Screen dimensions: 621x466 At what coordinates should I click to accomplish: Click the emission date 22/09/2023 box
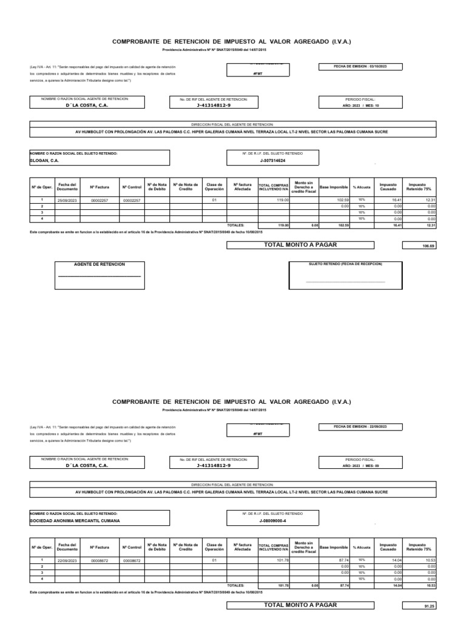[x=360, y=427]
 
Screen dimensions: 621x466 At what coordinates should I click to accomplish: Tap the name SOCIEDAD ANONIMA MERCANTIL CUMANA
[x=75, y=521]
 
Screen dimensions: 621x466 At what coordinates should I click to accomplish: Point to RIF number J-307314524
[x=272, y=161]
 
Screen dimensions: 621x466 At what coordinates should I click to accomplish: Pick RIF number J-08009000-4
[x=272, y=521]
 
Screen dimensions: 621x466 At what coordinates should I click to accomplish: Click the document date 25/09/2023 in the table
[x=67, y=200]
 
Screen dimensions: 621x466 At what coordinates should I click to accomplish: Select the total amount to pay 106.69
[x=429, y=246]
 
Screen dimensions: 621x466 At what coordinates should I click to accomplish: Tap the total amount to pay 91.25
[x=429, y=606]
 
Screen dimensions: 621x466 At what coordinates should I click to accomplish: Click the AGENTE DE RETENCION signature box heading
[x=100, y=264]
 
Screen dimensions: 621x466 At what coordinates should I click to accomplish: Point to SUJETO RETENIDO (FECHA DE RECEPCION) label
[x=346, y=264]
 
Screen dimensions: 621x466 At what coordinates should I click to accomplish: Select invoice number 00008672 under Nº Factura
[x=100, y=560]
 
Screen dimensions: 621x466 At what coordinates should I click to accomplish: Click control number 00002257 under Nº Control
[x=132, y=200]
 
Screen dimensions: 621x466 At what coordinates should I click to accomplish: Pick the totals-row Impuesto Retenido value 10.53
[x=430, y=586]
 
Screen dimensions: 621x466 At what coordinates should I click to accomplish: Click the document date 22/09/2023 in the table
[x=67, y=560]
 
